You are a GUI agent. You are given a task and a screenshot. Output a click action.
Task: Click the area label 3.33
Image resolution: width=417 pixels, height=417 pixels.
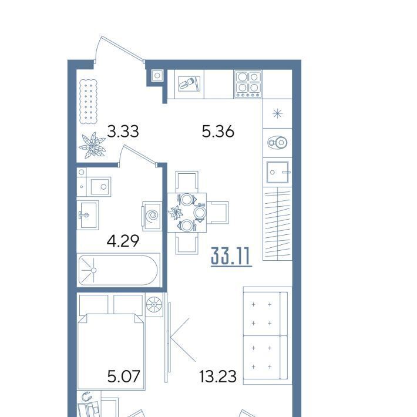point(123,132)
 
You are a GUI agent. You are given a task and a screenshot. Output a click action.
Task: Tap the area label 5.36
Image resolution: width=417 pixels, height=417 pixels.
point(218,132)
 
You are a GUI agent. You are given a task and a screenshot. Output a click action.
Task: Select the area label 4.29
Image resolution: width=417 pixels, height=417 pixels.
point(123,241)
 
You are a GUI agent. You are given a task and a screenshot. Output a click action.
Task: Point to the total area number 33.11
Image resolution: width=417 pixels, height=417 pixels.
point(231,256)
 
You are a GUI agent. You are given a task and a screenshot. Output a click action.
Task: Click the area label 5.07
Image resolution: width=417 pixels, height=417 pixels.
point(123,376)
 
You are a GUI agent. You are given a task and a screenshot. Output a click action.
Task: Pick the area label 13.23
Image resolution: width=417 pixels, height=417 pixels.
point(217,376)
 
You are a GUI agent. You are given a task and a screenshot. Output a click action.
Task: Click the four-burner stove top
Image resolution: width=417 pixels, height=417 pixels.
point(248,84)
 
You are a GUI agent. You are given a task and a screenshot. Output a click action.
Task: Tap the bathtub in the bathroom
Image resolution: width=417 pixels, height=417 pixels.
point(118,270)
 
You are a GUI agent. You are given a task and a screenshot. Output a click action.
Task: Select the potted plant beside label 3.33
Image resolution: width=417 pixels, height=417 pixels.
point(92,145)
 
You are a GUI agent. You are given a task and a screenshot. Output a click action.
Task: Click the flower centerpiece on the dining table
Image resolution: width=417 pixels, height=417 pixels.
point(175,213)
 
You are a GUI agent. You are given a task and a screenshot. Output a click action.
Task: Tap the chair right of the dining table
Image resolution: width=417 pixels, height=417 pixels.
point(218,213)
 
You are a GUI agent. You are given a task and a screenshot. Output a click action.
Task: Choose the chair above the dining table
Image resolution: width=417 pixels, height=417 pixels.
point(187,182)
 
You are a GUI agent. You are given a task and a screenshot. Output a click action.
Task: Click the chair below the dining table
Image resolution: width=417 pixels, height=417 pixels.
point(187,243)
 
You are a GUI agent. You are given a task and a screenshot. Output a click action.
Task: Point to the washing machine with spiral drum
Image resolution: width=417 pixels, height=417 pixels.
point(152,216)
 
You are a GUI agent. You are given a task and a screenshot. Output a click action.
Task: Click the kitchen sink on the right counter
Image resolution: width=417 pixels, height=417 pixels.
point(277,172)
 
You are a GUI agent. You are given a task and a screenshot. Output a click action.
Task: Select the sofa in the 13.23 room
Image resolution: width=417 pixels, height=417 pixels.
point(265,335)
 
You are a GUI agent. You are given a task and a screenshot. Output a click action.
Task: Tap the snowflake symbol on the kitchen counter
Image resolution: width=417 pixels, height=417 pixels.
point(277,114)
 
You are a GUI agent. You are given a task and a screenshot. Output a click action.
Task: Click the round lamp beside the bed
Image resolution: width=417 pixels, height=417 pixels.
point(154,304)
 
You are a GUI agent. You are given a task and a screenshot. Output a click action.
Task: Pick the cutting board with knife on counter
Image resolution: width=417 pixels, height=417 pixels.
point(189,84)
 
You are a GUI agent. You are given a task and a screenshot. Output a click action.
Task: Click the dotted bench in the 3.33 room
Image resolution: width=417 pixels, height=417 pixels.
point(89,102)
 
